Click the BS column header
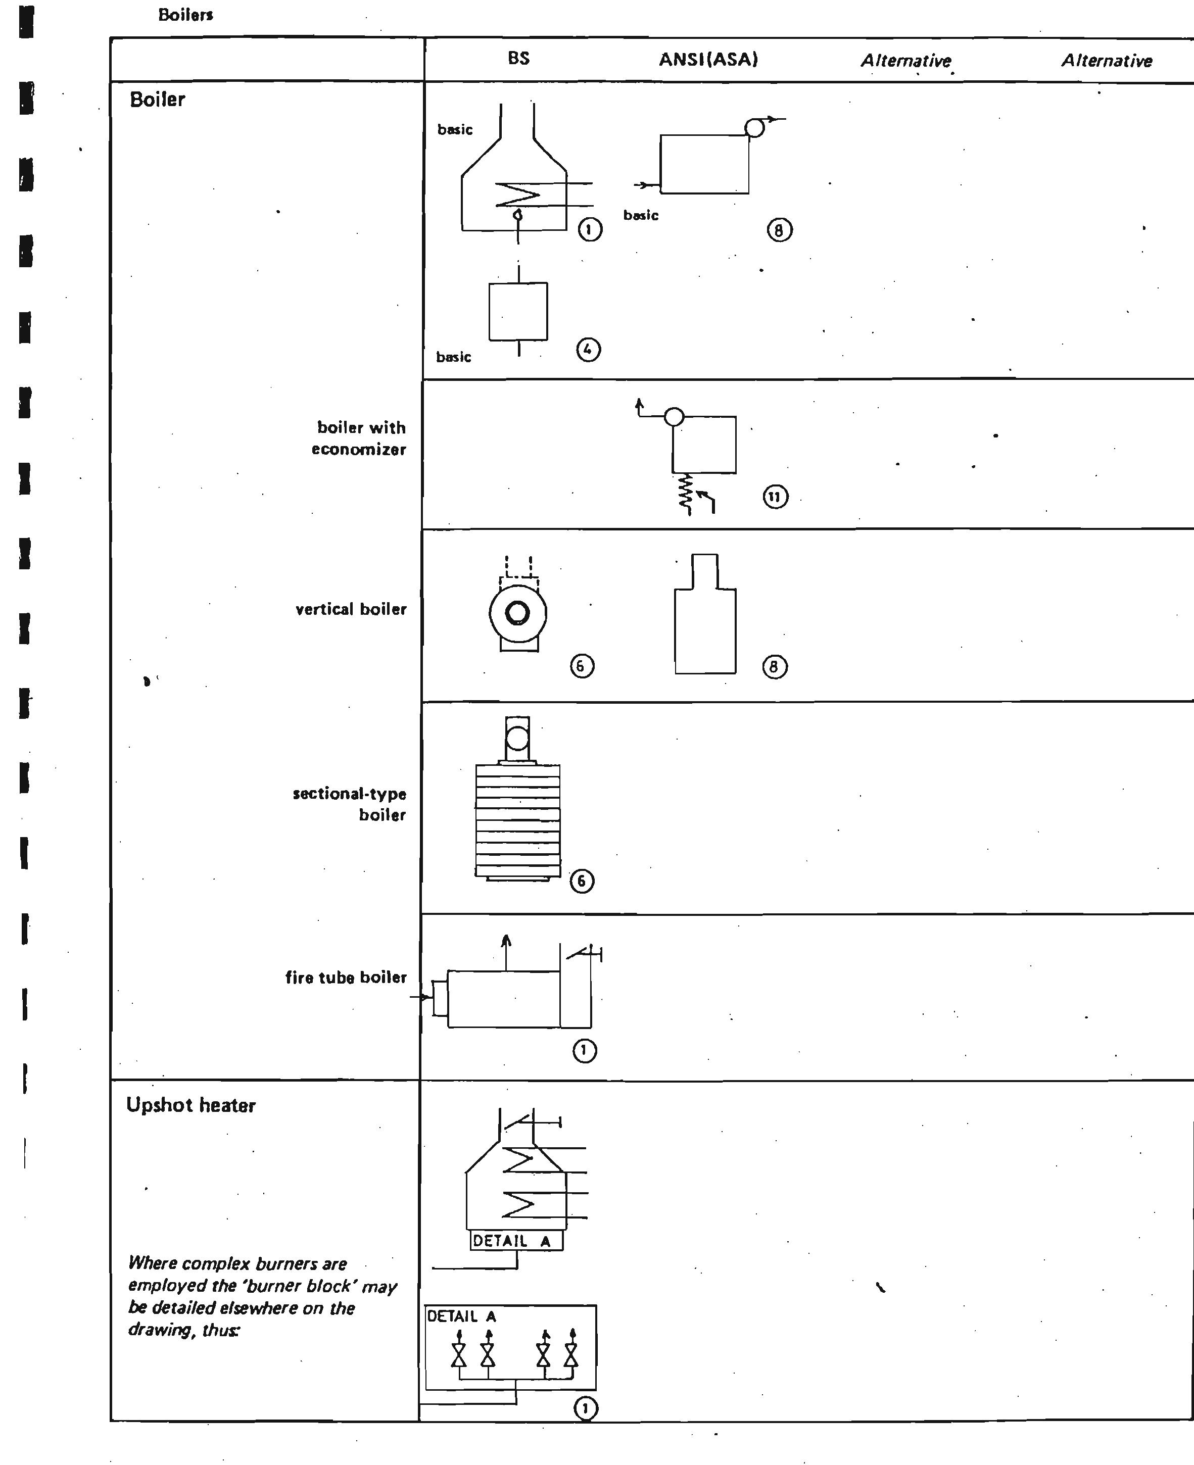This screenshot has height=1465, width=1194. (x=518, y=59)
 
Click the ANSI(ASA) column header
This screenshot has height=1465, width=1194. (x=708, y=60)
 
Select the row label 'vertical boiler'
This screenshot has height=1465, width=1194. (x=351, y=609)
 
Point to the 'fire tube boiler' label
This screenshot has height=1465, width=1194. (x=346, y=977)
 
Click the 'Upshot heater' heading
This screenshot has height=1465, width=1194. (x=190, y=1105)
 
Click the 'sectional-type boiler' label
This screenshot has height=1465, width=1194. (x=349, y=804)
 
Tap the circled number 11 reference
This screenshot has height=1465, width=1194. (x=775, y=497)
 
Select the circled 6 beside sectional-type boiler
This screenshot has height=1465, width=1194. (x=581, y=881)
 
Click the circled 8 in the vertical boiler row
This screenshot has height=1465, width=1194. (x=775, y=666)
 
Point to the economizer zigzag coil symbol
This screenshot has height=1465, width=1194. (x=686, y=494)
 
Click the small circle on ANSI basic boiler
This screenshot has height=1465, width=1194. (x=754, y=128)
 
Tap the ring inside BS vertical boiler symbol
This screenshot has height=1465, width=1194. (x=517, y=613)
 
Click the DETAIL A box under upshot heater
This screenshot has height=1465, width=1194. (x=516, y=1240)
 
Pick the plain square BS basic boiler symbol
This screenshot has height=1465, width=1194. (x=518, y=311)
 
